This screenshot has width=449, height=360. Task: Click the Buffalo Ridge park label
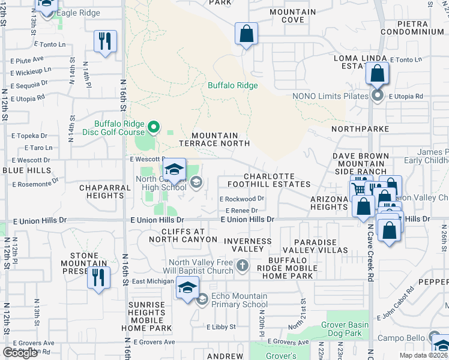pos(232,86)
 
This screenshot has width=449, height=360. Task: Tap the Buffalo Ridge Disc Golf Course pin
pos(154,127)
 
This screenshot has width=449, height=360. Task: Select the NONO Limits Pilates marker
pos(377,96)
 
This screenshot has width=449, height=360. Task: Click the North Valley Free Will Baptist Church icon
pos(242,265)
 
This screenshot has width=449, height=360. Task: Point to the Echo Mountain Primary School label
pos(238,300)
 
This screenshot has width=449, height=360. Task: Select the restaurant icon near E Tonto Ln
pos(104,41)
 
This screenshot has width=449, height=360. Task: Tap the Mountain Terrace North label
pos(214,140)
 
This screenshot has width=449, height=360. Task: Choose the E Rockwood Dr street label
pos(242,199)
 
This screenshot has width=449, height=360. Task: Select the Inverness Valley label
pos(247,245)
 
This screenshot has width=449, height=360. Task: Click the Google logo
pos(20,353)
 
